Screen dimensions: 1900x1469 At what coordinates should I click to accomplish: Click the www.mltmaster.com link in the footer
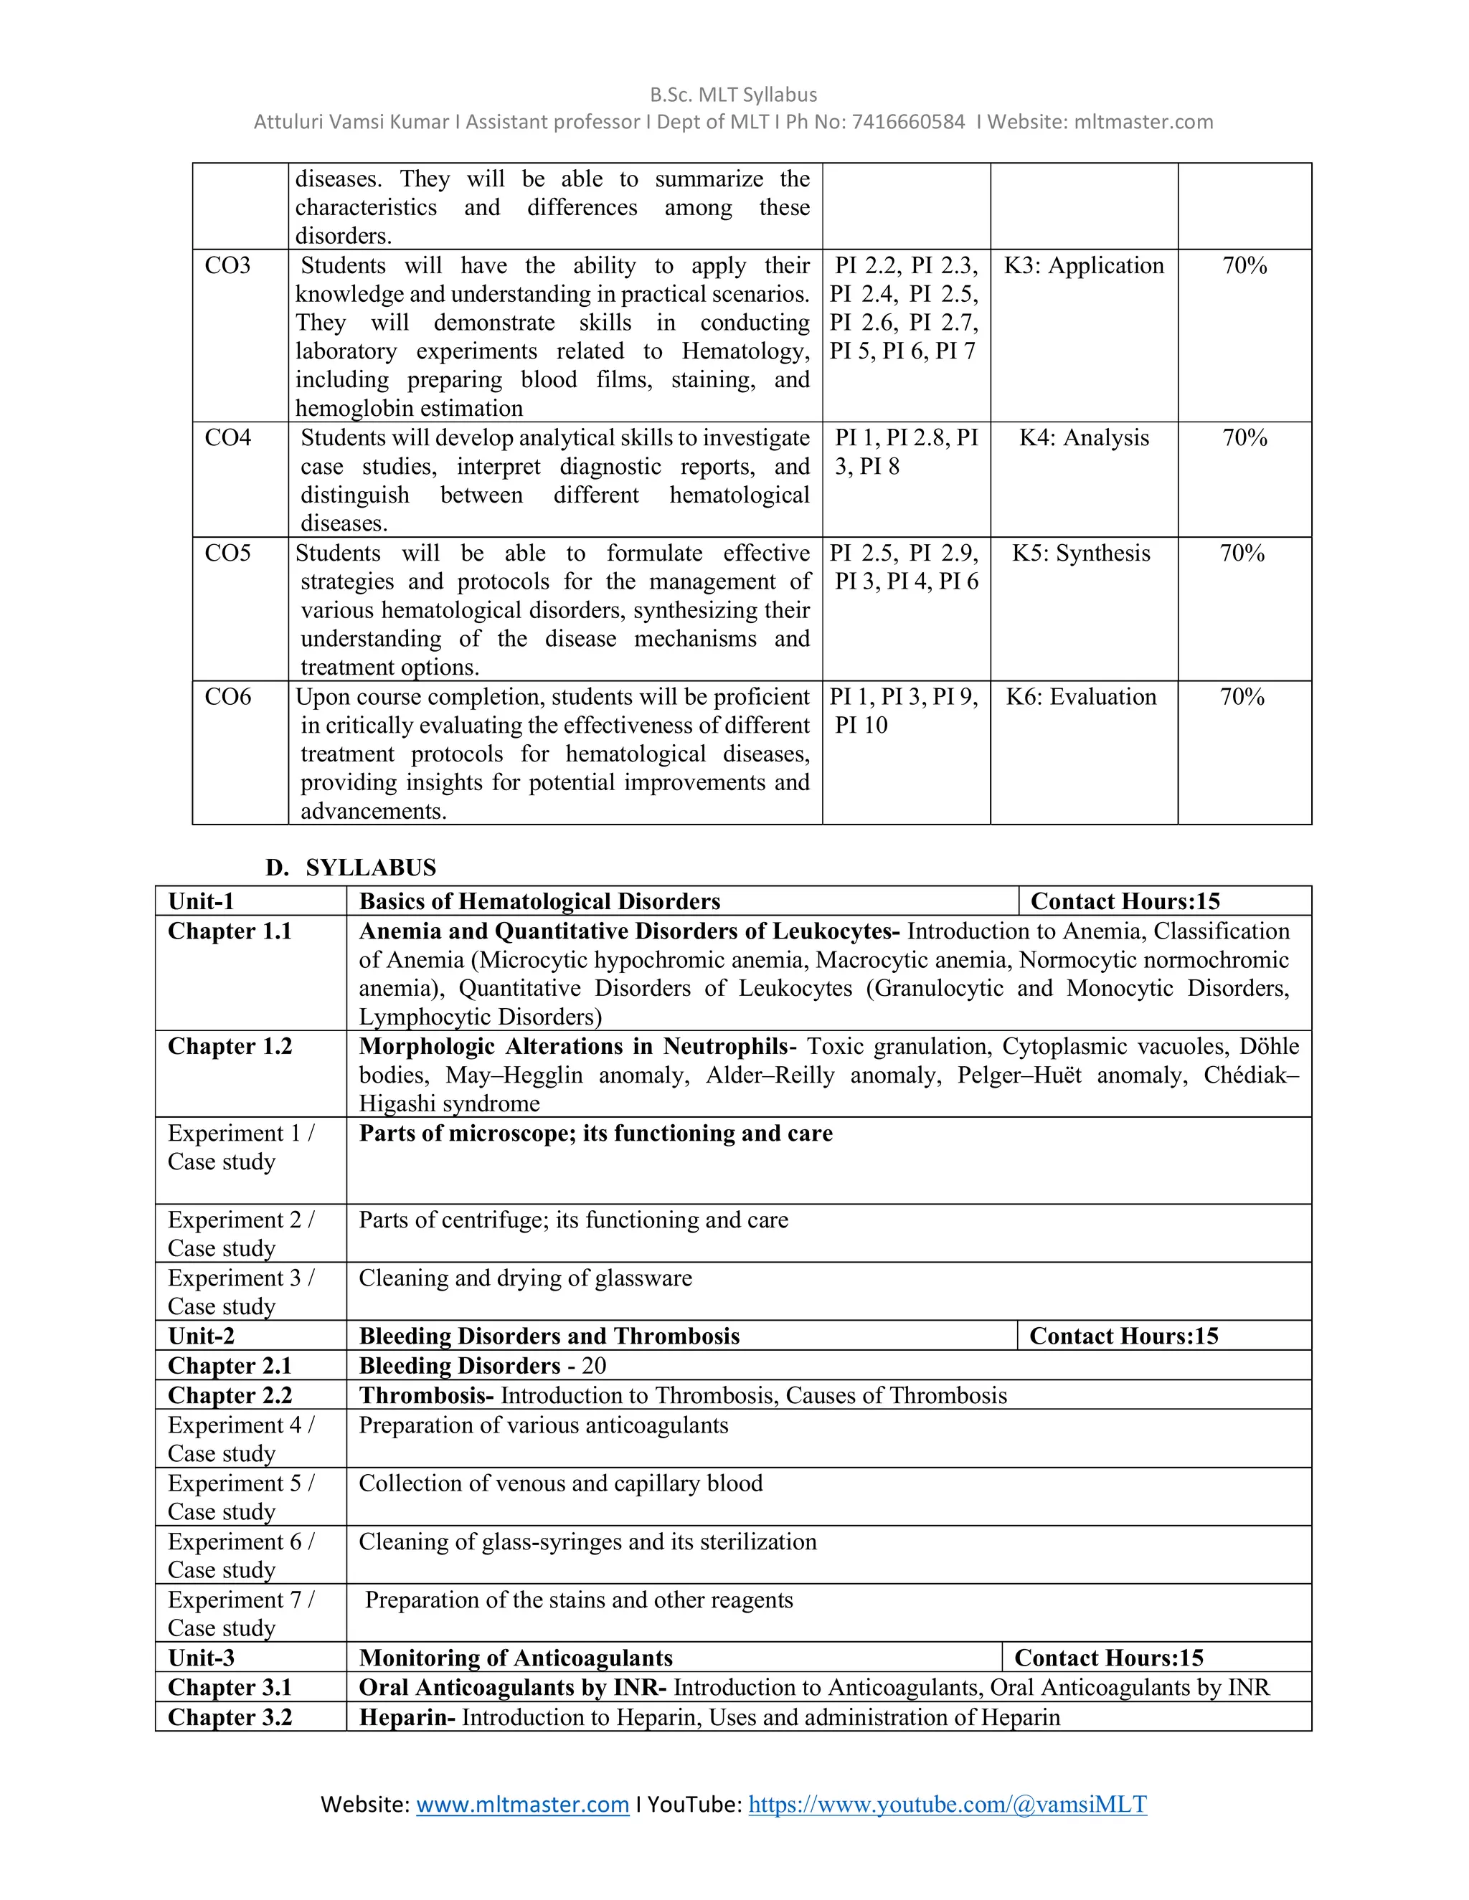[522, 1805]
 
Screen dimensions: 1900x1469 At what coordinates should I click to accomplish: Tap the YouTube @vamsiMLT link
[947, 1805]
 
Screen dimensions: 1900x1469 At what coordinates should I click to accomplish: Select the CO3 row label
[228, 265]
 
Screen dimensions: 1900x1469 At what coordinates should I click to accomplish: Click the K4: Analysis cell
[1084, 437]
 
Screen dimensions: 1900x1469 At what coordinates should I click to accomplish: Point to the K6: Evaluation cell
[1081, 697]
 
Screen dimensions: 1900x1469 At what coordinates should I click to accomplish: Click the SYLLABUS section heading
[371, 868]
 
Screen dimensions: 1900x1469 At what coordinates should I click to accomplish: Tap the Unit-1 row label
[201, 901]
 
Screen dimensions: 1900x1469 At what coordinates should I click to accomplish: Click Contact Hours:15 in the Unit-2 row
[1123, 1336]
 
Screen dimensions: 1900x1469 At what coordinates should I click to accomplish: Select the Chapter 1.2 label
[230, 1047]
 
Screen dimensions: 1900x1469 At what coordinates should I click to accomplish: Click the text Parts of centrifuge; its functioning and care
[574, 1220]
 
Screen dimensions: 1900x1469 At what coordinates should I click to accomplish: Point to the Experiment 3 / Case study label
[240, 1292]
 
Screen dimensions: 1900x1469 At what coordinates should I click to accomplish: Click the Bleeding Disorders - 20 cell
[482, 1366]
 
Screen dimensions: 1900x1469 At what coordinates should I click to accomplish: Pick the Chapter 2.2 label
[230, 1395]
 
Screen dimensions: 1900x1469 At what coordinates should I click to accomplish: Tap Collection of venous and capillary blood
[560, 1483]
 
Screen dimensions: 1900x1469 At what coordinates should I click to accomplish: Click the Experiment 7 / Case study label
[240, 1614]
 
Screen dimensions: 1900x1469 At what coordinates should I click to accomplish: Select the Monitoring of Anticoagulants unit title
[515, 1658]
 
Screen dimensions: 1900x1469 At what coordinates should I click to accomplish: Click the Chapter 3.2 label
[230, 1717]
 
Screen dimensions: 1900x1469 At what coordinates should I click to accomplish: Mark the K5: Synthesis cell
[1081, 554]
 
